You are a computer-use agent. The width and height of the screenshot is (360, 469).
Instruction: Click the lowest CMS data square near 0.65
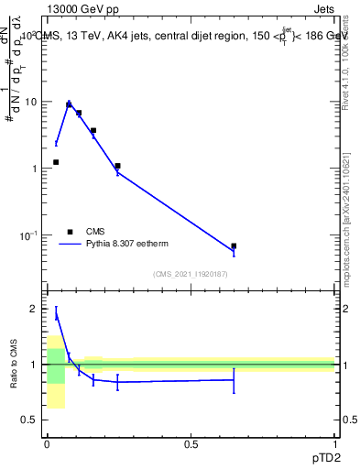tap(234, 245)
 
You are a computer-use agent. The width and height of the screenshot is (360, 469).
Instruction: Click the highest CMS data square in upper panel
tap(69, 104)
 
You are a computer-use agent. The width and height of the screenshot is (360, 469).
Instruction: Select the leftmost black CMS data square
tap(56, 162)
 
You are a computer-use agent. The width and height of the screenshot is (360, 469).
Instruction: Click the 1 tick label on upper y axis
tap(35, 169)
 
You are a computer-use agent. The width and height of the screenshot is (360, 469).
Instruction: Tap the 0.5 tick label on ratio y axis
tap(30, 420)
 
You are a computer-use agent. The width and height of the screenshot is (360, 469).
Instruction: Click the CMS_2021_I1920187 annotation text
tap(190, 275)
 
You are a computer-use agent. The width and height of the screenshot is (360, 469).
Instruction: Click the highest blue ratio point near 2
tap(56, 314)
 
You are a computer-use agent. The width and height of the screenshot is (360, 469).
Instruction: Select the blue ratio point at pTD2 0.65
tap(234, 379)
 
